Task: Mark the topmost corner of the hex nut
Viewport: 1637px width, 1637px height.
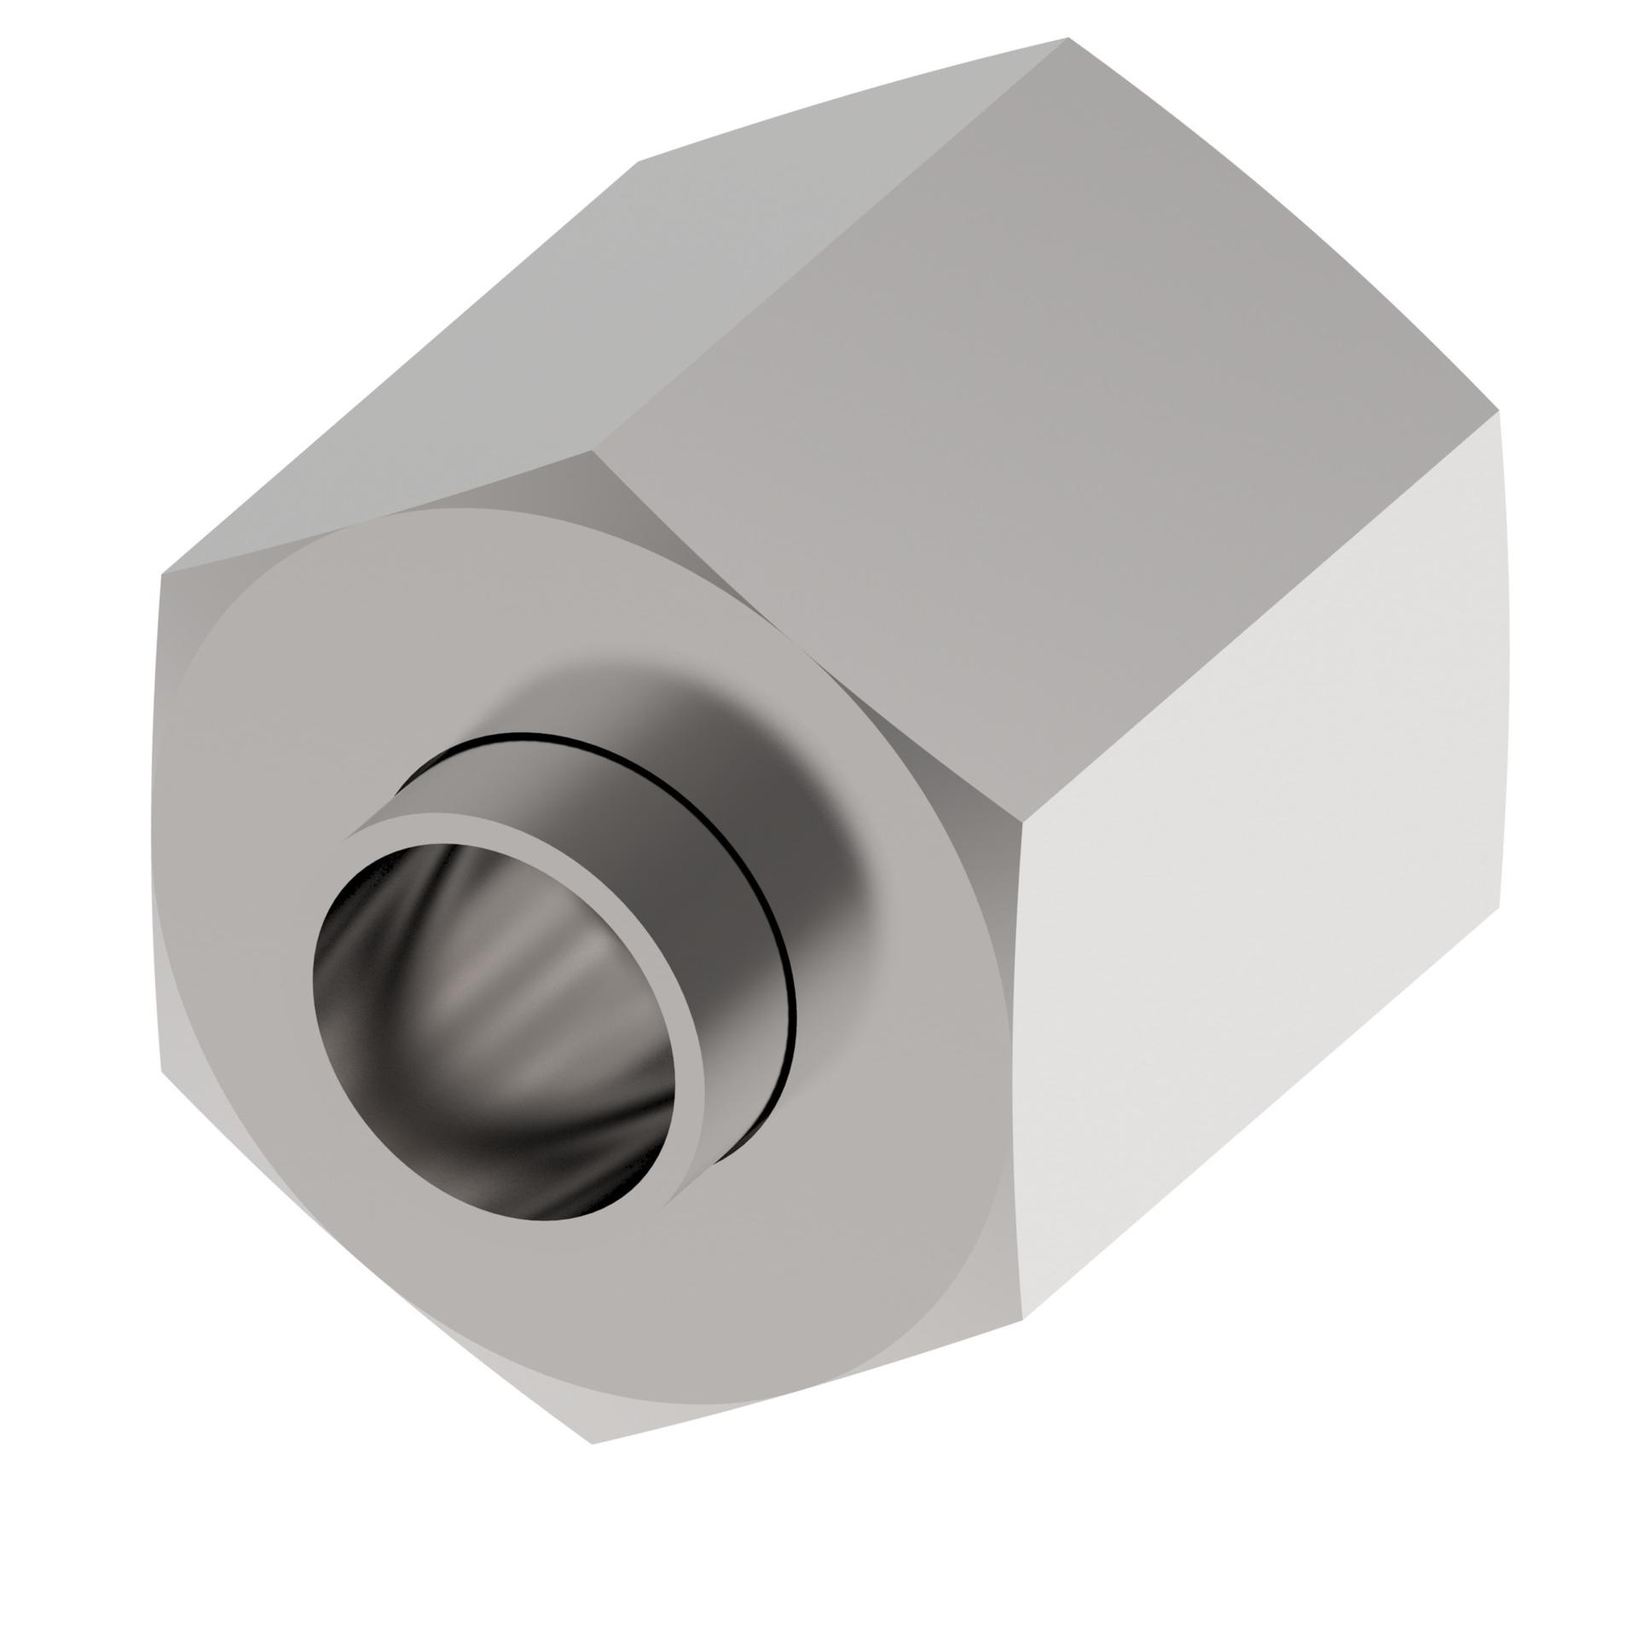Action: [1068, 38]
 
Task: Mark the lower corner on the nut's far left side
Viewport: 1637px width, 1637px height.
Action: [162, 1070]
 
